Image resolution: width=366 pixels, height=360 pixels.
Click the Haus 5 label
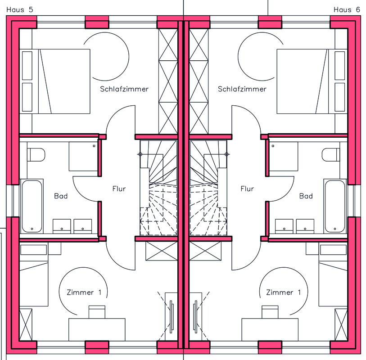pyautogui.click(x=20, y=10)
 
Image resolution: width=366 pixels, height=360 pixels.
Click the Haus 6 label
pyautogui.click(x=347, y=10)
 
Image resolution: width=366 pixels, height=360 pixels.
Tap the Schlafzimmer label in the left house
pyautogui.click(x=124, y=89)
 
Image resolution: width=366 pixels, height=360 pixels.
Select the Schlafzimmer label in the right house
pyautogui.click(x=242, y=89)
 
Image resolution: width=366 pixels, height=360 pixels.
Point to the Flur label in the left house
pyautogui.click(x=119, y=189)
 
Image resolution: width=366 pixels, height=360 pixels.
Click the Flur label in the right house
pyautogui.click(x=247, y=189)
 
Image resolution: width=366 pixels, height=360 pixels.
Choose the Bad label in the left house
pyautogui.click(x=61, y=196)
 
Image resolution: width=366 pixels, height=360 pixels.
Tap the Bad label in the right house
pyautogui.click(x=306, y=196)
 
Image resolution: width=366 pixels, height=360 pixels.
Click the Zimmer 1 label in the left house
pyautogui.click(x=84, y=292)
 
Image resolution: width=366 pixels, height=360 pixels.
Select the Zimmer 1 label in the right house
pyautogui.click(x=283, y=292)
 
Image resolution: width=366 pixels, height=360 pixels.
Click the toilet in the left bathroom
pyautogui.click(x=36, y=155)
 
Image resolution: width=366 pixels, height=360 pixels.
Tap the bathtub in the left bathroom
pyautogui.click(x=32, y=206)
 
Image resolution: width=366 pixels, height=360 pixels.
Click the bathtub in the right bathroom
pyautogui.click(x=335, y=206)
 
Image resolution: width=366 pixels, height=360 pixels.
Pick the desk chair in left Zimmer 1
pyautogui.click(x=97, y=312)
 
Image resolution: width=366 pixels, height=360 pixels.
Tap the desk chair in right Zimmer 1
pyautogui.click(x=270, y=312)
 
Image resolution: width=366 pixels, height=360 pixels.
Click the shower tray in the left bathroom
pyautogui.click(x=83, y=156)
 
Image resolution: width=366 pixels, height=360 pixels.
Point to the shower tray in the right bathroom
pyautogui.click(x=283, y=156)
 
